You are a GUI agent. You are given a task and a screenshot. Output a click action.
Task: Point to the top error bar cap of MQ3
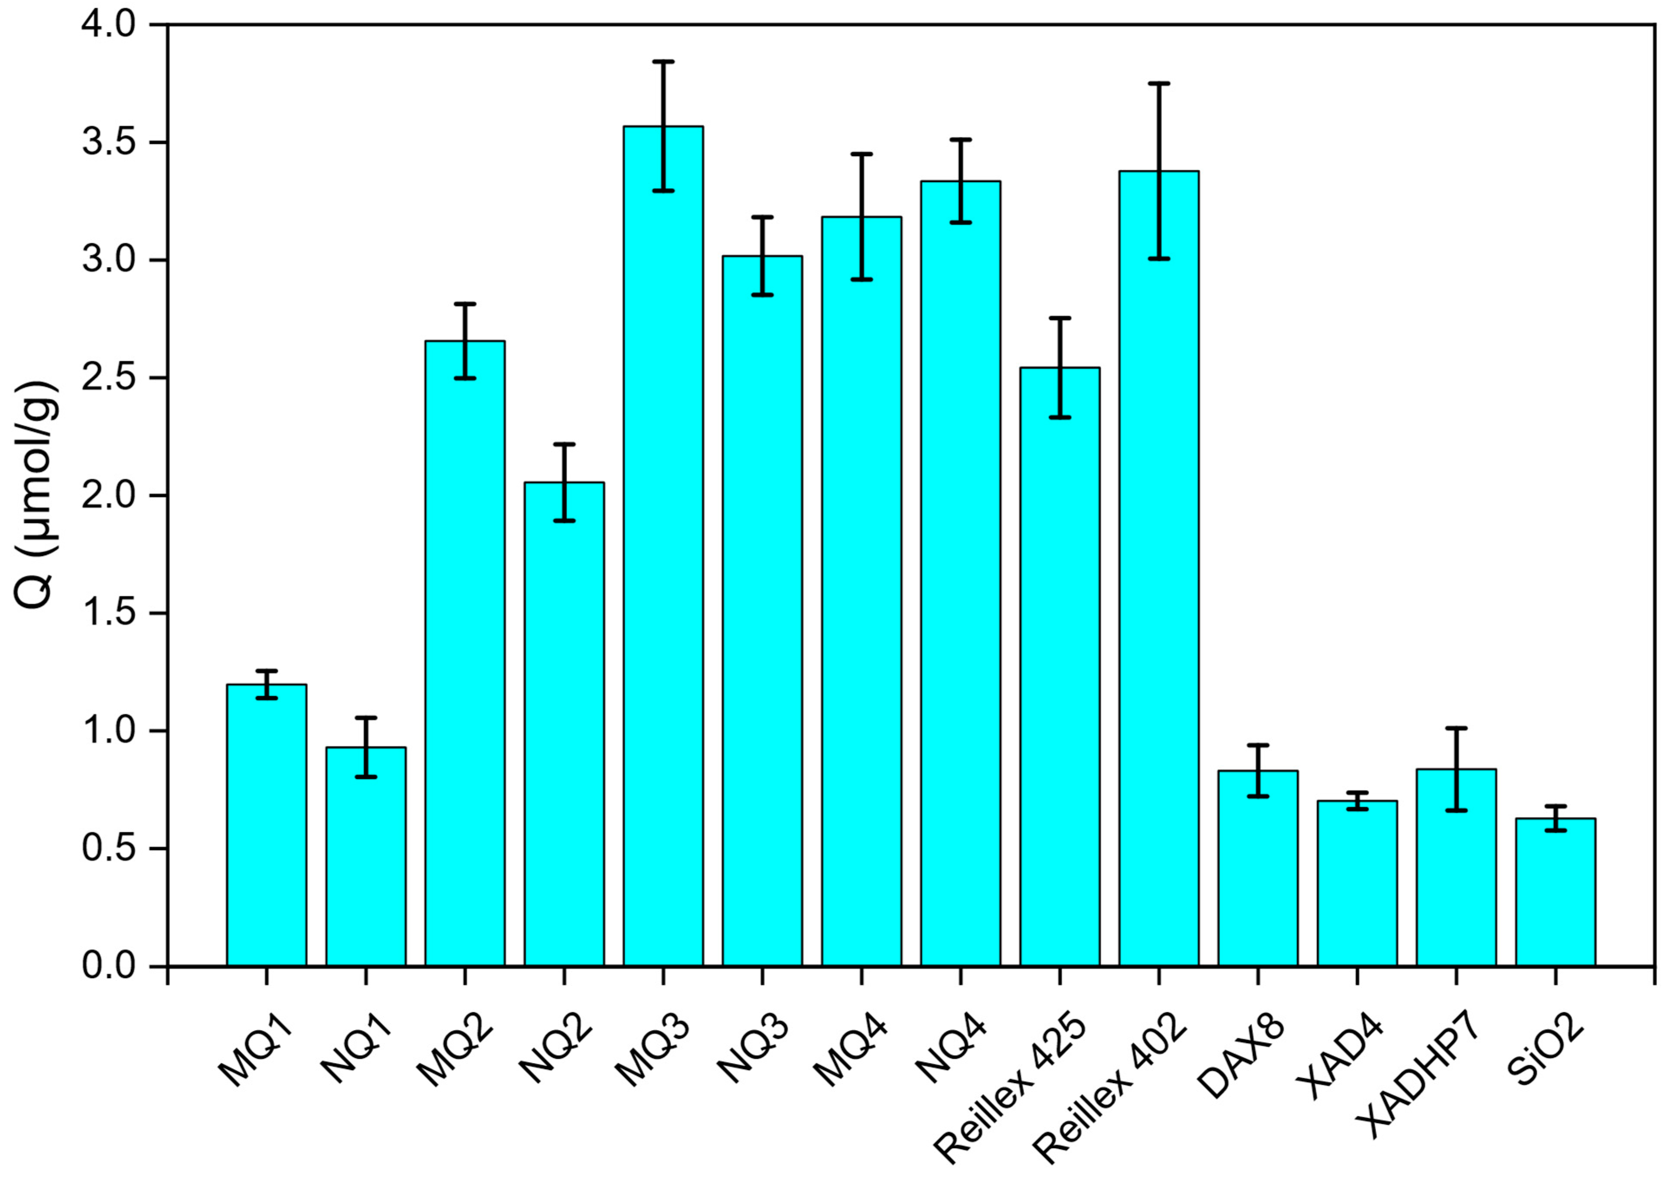point(662,62)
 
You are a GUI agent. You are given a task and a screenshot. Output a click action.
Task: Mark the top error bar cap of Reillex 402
point(1159,84)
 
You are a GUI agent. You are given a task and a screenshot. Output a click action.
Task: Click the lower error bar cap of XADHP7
point(1456,810)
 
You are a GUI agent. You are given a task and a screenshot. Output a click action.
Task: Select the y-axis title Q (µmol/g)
point(36,495)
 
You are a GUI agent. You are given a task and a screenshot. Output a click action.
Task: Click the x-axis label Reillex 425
point(1011,1084)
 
